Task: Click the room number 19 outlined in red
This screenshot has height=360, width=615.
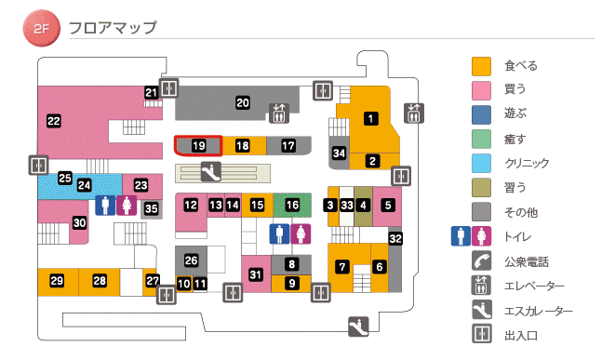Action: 198,146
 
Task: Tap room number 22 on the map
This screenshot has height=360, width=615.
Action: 53,120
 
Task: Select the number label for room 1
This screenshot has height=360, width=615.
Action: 371,118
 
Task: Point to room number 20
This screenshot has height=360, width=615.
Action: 243,103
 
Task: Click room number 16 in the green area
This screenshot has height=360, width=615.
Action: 293,205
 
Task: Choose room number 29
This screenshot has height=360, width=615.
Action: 57,281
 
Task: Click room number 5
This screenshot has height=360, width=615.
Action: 387,205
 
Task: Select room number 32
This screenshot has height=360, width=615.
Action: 395,239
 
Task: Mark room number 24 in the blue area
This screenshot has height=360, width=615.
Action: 84,185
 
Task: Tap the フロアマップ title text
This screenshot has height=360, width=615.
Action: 112,28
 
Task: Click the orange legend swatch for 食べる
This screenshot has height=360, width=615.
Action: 481,66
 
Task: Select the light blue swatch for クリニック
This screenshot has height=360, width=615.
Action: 481,163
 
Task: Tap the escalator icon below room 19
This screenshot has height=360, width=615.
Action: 211,171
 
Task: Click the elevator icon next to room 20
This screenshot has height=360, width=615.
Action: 279,113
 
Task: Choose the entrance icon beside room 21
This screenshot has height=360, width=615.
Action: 168,88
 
